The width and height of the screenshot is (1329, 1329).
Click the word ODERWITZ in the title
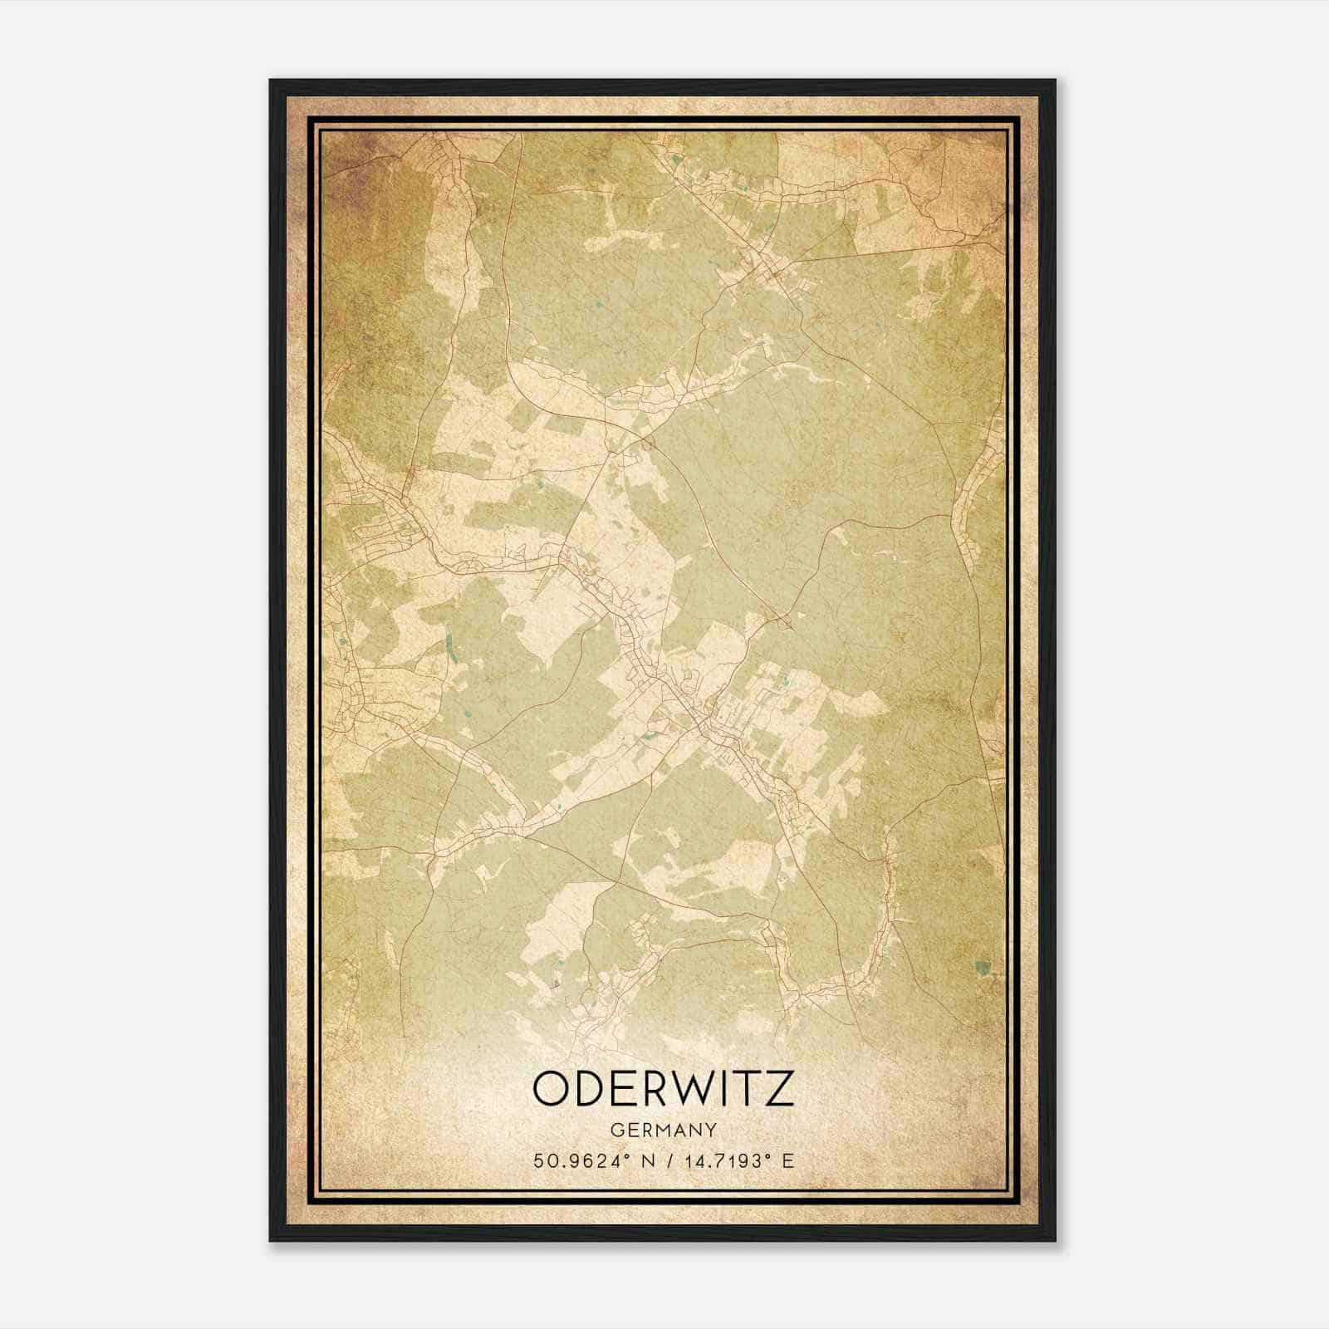coord(663,1089)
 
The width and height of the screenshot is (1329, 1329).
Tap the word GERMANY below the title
coord(663,1130)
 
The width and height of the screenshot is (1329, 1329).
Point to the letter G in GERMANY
coord(615,1130)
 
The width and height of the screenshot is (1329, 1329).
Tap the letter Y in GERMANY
coord(711,1130)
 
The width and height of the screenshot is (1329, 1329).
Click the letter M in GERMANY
coord(663,1130)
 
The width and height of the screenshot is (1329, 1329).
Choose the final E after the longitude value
coord(788,1160)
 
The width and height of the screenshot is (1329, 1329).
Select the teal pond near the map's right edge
coord(983,967)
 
